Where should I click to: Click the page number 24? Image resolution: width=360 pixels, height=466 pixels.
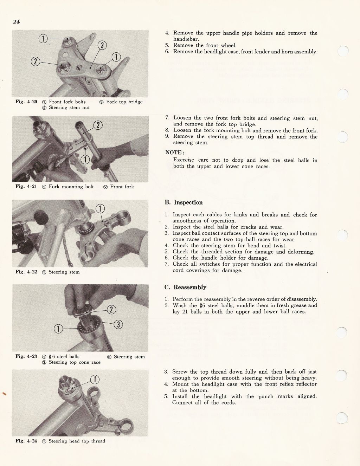[x=16, y=22]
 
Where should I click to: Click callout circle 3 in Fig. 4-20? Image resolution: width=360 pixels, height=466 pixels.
[x=102, y=45]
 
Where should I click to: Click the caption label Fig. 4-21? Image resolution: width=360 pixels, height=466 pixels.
[x=26, y=187]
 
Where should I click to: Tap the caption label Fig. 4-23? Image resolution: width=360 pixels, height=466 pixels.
[x=26, y=356]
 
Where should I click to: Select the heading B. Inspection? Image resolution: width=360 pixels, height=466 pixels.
[x=184, y=202]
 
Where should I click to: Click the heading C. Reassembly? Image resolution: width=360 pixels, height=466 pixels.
[x=185, y=287]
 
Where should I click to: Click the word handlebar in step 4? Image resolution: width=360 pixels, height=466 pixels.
[x=186, y=39]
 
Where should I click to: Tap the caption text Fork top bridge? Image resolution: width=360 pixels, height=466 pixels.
[x=124, y=102]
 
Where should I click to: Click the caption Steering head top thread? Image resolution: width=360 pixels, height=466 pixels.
[x=77, y=441]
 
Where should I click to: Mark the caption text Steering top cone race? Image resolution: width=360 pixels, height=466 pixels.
[x=75, y=362]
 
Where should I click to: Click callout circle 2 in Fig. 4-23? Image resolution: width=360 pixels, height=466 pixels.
[x=111, y=310]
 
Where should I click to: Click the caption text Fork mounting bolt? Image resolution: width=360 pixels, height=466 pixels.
[x=71, y=187]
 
